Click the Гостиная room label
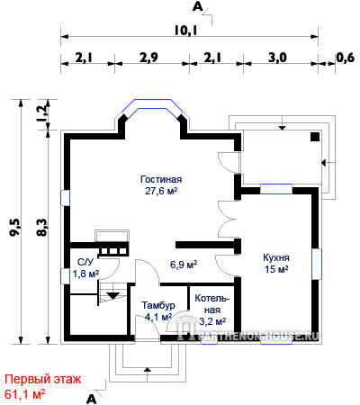[161, 179]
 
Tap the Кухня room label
[276, 257]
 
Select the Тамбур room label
[158, 305]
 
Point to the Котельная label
[212, 304]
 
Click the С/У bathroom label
[85, 262]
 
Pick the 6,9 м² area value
[184, 265]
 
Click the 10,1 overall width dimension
[185, 31]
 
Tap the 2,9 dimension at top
[148, 58]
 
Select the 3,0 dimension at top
[277, 58]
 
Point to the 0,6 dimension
[345, 58]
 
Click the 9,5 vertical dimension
[14, 227]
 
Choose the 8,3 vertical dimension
[42, 227]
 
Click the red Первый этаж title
[43, 380]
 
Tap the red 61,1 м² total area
[25, 394]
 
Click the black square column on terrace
[315, 137]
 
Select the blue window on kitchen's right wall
[317, 264]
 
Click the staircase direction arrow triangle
[113, 295]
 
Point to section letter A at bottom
[91, 399]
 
